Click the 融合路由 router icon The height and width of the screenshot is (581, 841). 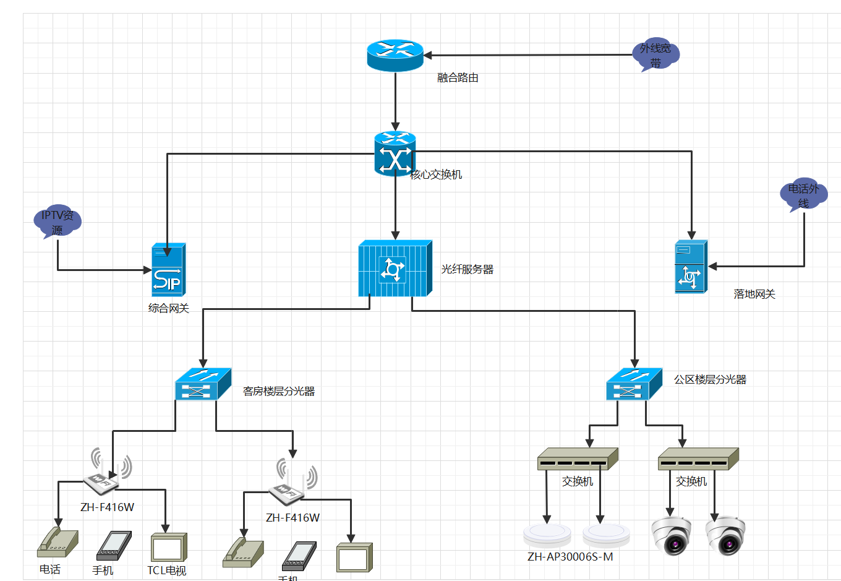pos(395,55)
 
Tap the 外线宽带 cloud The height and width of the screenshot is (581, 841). pos(655,55)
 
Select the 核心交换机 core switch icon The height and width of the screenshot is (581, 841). pos(395,154)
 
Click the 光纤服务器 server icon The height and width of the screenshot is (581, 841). pos(395,269)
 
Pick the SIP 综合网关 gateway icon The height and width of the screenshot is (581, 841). pos(168,270)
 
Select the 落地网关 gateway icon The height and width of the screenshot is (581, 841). pos(691,267)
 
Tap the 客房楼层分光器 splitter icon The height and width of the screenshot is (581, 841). pos(203,384)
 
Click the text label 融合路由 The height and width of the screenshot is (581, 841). pos(458,78)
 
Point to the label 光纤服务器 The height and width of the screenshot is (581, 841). pos(467,270)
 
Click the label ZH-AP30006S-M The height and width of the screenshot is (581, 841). pos(570,557)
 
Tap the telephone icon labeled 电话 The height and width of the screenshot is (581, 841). pos(58,543)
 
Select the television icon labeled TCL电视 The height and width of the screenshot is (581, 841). pos(168,547)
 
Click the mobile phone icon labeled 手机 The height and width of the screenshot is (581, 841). pos(114,546)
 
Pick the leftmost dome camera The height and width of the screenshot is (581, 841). pos(672,536)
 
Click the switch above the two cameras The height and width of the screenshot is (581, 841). pos(698,459)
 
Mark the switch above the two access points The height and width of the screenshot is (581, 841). pos(577,459)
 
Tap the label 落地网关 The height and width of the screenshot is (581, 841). pos(754,295)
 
